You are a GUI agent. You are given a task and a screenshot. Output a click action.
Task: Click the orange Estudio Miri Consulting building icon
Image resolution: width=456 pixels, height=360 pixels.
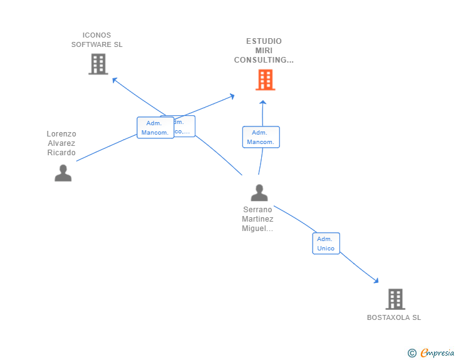pos(265,80)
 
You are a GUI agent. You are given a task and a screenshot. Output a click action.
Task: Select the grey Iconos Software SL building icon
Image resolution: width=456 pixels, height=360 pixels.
pos(98,64)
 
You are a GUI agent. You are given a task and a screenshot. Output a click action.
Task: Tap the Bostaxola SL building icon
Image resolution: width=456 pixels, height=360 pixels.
pos(395,299)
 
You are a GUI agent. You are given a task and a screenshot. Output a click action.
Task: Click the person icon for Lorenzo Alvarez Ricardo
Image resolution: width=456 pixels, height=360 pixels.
pos(63,173)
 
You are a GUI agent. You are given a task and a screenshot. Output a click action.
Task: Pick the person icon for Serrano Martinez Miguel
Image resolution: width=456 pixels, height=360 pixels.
pos(259,192)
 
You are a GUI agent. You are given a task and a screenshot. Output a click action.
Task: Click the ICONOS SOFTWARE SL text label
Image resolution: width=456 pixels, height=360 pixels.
pos(96,40)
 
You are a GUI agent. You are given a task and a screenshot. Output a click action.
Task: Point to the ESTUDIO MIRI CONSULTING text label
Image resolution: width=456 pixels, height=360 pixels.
pos(264,51)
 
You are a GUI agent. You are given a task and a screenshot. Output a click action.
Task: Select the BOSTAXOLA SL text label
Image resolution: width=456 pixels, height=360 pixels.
pos(394,317)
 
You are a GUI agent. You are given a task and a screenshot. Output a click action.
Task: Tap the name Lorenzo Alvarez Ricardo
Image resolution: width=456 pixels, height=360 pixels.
pos(61,143)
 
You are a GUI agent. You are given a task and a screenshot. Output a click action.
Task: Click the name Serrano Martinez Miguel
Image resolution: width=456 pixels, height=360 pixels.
pos(258,219)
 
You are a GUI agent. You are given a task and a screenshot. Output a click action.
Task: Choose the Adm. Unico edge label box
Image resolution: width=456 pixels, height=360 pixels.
pos(326,244)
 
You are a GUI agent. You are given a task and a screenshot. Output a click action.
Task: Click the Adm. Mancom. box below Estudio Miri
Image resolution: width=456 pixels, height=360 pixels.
pos(261,137)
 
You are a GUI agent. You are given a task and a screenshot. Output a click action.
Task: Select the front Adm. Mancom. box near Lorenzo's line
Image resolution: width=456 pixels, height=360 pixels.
pos(155,128)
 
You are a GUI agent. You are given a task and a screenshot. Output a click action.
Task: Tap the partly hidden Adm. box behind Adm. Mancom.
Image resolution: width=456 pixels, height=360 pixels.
pos(186,126)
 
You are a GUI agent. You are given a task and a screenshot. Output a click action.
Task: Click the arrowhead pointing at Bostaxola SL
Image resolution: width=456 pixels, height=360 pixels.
pos(375,280)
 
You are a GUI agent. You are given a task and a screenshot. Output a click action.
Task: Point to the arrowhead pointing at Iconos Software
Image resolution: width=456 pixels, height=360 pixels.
pos(114,80)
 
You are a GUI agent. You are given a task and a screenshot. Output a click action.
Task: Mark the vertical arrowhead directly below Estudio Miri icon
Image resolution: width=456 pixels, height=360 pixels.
pos(263,103)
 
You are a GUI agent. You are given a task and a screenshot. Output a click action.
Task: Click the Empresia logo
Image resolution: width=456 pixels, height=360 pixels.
pos(437,353)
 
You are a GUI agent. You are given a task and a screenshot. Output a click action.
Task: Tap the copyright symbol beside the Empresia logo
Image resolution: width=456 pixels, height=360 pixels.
pos(412,353)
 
